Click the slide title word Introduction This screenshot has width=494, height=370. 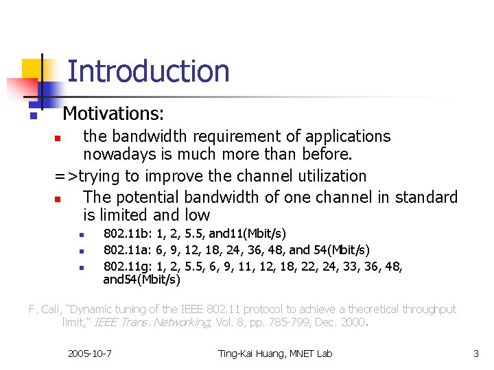(148, 71)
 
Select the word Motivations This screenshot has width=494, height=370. (113, 112)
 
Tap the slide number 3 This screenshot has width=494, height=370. (476, 354)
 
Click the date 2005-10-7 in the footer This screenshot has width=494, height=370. (90, 354)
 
